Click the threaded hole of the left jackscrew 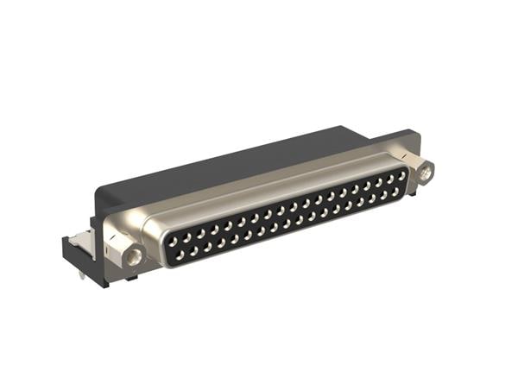tap(134, 256)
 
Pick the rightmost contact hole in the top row tap(402, 175)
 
